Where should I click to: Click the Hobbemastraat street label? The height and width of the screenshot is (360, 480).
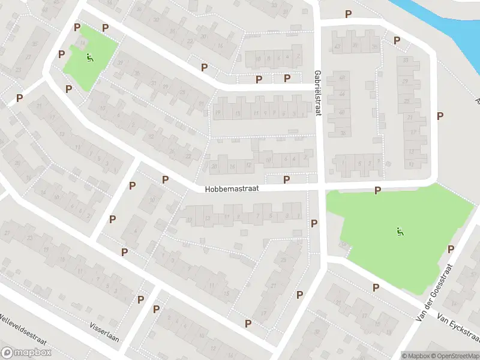pyautogui.click(x=232, y=188)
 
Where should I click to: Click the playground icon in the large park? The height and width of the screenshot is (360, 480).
pyautogui.click(x=400, y=231)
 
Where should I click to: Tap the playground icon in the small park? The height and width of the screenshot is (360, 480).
pyautogui.click(x=90, y=58)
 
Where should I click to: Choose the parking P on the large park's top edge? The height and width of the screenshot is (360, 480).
pyautogui.click(x=377, y=190)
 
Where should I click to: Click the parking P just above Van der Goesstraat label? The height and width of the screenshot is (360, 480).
pyautogui.click(x=451, y=248)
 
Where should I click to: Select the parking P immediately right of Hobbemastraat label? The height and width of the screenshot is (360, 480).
pyautogui.click(x=286, y=179)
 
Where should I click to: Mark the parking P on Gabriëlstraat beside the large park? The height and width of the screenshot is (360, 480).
pyautogui.click(x=314, y=223)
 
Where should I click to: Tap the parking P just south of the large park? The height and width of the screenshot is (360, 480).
pyautogui.click(x=376, y=287)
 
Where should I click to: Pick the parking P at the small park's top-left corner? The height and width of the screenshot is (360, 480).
pyautogui.click(x=77, y=27)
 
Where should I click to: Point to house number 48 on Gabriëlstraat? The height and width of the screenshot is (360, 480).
pyautogui.click(x=342, y=77)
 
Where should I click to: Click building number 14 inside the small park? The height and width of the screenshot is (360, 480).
pyautogui.click(x=82, y=43)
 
